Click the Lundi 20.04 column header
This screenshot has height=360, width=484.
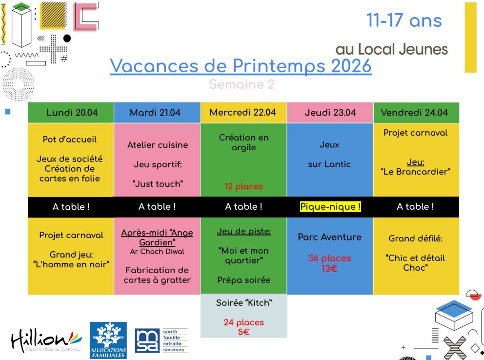pos(72,113)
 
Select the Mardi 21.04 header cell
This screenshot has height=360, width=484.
pos(155,113)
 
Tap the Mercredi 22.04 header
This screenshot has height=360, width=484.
pos(243,113)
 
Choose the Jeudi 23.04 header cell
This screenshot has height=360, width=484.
pos(330,113)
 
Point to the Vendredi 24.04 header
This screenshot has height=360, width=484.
pos(414,113)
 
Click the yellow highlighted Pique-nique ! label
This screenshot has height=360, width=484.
pos(330,207)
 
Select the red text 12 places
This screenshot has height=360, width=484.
pos(243,186)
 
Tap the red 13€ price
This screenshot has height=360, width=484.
pos(329,268)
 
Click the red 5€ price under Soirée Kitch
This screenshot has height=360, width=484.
pos(243,332)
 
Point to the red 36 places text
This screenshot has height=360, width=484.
pos(329,258)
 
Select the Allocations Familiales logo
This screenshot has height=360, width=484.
pos(108,340)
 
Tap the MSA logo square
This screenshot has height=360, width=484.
pos(147,340)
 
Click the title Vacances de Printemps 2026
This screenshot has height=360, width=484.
pos(241,66)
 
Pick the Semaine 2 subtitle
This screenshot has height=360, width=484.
pos(242,84)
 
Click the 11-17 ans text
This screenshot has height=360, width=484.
pos(404,20)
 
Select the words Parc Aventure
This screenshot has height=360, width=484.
pos(330,237)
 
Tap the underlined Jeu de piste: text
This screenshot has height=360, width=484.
pos(243,231)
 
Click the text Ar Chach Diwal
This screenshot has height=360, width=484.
pos(157,252)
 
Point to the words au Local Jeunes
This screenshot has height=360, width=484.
pos(391,49)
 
